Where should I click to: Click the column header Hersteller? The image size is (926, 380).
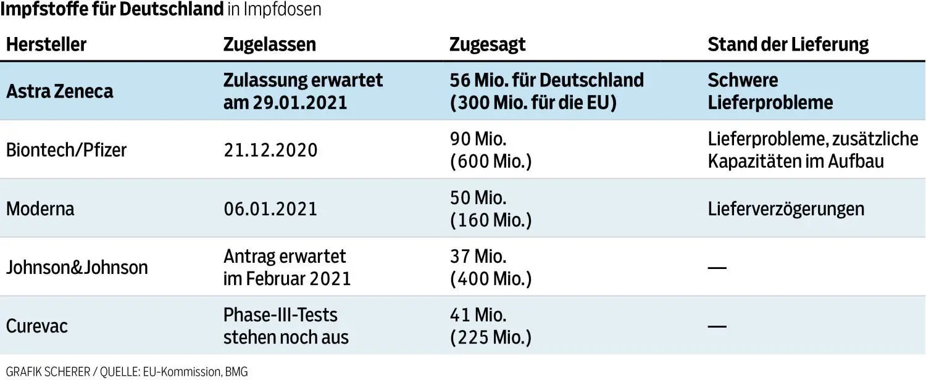click(x=46, y=44)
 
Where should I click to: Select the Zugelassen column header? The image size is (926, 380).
click(x=269, y=44)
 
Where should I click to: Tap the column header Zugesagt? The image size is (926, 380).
click(x=488, y=44)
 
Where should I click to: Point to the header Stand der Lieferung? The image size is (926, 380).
click(x=788, y=44)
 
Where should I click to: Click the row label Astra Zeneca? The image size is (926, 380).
click(x=60, y=91)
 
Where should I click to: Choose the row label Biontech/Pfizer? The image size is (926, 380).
click(x=66, y=150)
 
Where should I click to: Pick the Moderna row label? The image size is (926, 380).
click(x=40, y=209)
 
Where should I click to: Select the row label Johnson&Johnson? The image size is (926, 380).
click(x=77, y=267)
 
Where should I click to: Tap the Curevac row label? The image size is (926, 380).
click(x=37, y=326)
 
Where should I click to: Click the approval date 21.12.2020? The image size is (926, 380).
click(x=270, y=150)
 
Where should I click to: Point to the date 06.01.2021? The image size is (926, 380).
click(x=270, y=209)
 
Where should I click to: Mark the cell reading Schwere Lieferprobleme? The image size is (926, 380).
click(x=770, y=91)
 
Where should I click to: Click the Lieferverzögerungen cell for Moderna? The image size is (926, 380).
click(x=786, y=209)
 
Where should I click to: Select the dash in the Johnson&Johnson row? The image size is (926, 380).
click(x=717, y=268)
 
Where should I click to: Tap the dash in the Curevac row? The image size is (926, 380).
click(x=717, y=326)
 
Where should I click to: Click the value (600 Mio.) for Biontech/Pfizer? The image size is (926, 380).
click(x=491, y=162)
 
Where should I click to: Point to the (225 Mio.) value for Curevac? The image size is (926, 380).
click(x=491, y=337)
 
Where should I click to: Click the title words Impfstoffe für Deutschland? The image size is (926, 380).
click(x=112, y=10)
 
